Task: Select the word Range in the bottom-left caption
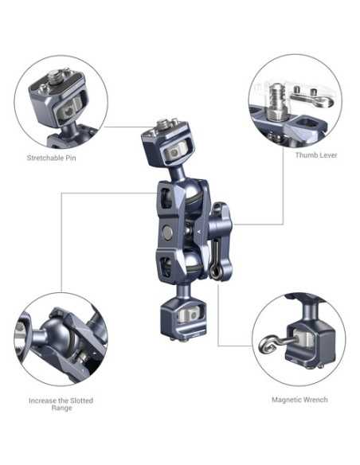62,408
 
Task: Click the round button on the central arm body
168,232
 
